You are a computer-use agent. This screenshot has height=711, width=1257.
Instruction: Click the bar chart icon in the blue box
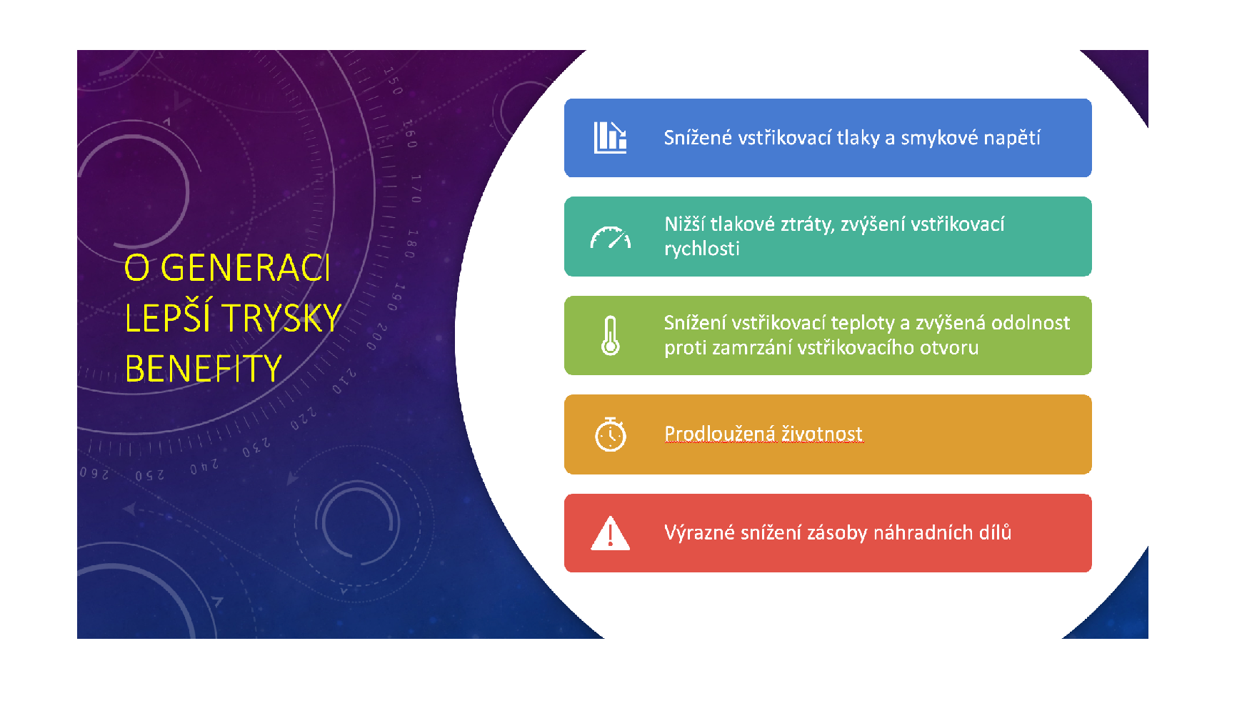(x=611, y=137)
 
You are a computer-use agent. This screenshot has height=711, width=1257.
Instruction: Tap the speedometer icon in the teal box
(x=611, y=237)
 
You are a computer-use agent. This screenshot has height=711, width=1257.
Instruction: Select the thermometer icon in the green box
(x=611, y=336)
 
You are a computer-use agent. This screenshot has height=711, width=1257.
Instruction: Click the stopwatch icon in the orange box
(x=611, y=434)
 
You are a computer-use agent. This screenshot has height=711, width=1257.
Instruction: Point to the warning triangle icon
(x=611, y=533)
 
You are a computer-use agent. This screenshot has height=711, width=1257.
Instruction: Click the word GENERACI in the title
(x=245, y=269)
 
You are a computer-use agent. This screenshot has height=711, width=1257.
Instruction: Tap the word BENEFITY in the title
(x=204, y=369)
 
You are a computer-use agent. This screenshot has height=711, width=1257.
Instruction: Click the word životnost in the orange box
(x=822, y=434)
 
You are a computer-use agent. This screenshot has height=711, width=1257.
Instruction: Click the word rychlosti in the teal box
(x=702, y=249)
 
